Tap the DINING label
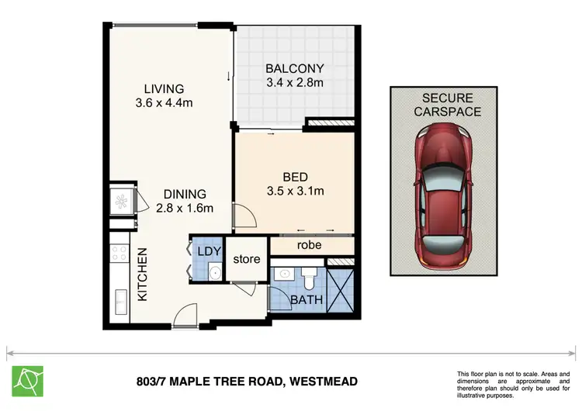[x=184, y=194]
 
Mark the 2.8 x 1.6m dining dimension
[x=184, y=208]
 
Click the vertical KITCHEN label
[x=143, y=275]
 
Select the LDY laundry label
[x=209, y=250]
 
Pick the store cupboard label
[x=248, y=259]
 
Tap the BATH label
[x=302, y=299]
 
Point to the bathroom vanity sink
[x=285, y=274]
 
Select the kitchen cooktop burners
[x=120, y=253]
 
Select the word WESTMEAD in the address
[x=324, y=382]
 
